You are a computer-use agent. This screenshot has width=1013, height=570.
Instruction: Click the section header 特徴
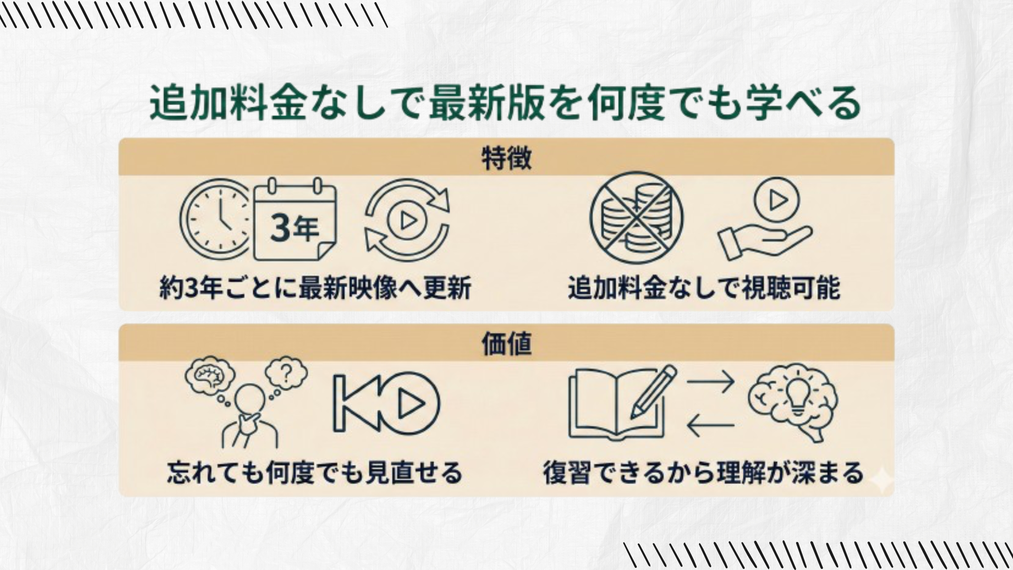[x=506, y=158]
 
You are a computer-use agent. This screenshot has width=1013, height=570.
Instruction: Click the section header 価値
[x=506, y=344]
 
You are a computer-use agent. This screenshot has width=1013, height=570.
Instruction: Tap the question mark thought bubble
[x=286, y=373]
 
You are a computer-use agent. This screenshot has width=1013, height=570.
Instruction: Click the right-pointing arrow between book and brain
[x=711, y=381]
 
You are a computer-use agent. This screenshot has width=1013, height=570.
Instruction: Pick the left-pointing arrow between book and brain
[x=711, y=425]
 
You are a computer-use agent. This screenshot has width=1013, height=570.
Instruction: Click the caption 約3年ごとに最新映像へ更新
[x=315, y=288]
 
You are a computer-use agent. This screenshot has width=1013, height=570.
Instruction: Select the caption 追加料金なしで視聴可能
[x=704, y=288]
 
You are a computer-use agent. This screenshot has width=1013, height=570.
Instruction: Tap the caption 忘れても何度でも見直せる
[x=315, y=472]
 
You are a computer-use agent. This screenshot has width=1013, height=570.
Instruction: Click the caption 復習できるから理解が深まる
[x=703, y=472]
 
